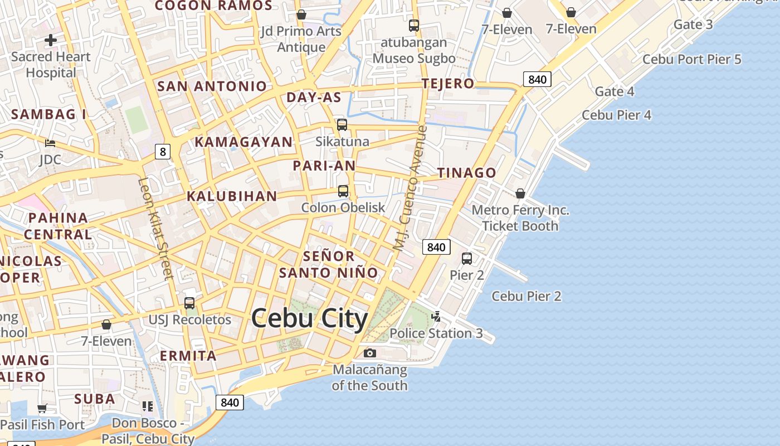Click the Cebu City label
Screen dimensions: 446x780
[309, 319]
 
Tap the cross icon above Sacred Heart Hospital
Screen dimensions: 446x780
[51, 40]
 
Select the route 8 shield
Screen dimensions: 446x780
[163, 151]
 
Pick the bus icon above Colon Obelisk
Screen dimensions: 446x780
[343, 191]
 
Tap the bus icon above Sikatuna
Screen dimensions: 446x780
[342, 125]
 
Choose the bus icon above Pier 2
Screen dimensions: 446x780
[467, 259]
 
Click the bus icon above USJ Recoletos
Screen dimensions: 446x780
[189, 303]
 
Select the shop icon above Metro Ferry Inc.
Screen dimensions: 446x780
[520, 193]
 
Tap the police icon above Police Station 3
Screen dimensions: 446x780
[436, 317]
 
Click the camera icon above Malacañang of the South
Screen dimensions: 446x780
[369, 353]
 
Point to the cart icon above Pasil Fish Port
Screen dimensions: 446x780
[42, 408]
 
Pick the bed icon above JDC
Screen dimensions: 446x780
[50, 143]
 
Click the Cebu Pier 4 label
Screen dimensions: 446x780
[617, 115]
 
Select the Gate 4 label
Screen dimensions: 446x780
[615, 91]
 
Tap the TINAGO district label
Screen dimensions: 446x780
[467, 173]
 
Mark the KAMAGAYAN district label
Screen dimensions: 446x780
[243, 142]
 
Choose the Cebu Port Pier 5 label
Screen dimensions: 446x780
[692, 59]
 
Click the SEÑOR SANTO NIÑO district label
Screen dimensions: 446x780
[329, 264]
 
